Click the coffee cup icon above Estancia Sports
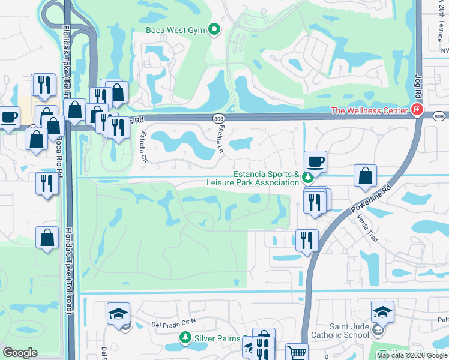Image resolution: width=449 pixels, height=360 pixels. coord(315,161)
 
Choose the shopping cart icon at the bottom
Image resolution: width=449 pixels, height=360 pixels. coord(296,353)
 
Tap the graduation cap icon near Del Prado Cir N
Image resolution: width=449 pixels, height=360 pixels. coord(118,313)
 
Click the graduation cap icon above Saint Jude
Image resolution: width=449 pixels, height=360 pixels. coord(382,311)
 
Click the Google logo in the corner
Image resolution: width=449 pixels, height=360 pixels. coord(20,353)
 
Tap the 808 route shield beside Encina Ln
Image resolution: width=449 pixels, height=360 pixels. coord(217,119)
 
